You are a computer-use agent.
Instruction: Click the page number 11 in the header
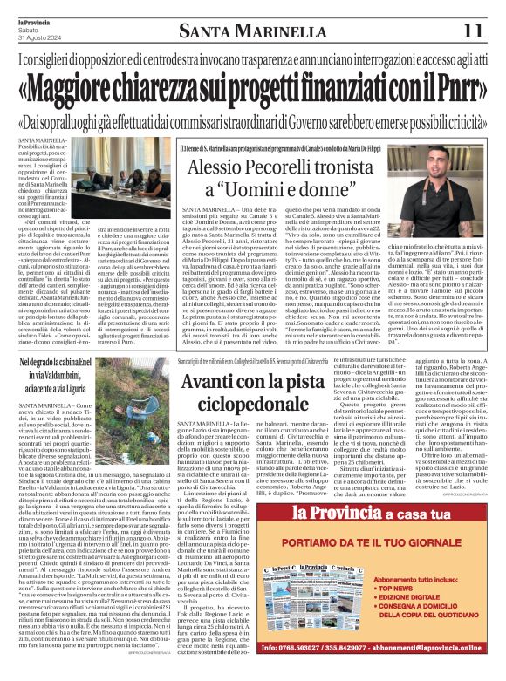tap(471, 30)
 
